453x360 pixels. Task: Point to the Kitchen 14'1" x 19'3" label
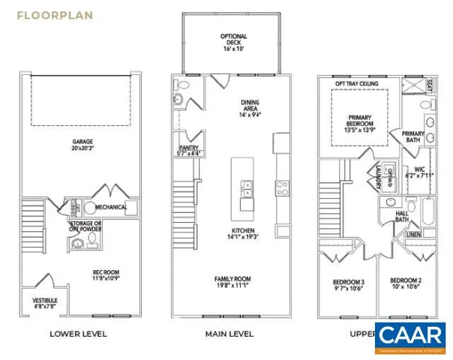pyautogui.click(x=242, y=233)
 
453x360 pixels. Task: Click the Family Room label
pyautogui.click(x=232, y=282)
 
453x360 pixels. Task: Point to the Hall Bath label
pyautogui.click(x=402, y=216)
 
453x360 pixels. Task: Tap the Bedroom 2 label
pyautogui.click(x=405, y=285)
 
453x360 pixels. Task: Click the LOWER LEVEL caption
pyautogui.click(x=78, y=334)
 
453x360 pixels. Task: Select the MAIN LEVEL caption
pyautogui.click(x=229, y=334)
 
